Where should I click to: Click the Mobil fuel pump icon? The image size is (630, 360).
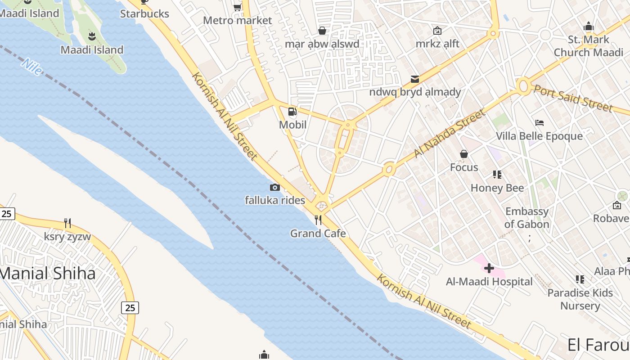[292, 112]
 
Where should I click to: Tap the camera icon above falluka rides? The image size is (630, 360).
[275, 187]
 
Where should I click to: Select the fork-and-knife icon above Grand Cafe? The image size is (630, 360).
[318, 220]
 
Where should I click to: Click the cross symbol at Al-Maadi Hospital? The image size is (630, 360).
[489, 269]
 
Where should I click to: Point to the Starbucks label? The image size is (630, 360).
[144, 14]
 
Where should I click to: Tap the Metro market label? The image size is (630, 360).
[238, 20]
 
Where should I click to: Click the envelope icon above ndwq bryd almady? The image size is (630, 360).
[415, 79]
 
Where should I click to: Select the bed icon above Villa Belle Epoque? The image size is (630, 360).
[540, 123]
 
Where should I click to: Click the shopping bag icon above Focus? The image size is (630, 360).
[464, 154]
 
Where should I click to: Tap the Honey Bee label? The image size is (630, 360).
[497, 188]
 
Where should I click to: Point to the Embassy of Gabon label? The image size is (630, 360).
[527, 218]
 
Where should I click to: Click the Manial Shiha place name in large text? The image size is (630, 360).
[47, 273]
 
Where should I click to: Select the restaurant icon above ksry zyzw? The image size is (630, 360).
[67, 223]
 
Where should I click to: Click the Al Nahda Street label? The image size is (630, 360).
[450, 133]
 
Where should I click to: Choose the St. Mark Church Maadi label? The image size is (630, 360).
[589, 46]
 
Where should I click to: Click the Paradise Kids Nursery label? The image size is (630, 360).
[580, 299]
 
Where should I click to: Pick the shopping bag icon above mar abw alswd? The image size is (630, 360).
[322, 31]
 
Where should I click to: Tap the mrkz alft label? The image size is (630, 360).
[437, 44]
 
